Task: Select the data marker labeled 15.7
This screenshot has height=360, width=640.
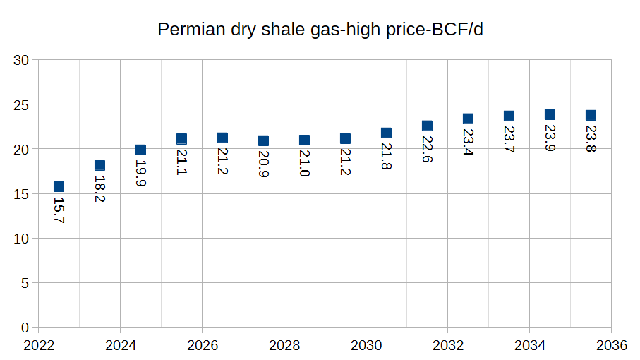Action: pos(59,187)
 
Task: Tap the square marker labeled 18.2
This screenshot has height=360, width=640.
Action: pos(99,166)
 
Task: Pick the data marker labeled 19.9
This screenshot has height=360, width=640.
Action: pos(140,150)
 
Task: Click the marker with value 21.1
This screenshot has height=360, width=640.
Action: pos(181,139)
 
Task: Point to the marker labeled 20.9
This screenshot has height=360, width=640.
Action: pos(263,140)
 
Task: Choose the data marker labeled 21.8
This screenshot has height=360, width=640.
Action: pos(386,133)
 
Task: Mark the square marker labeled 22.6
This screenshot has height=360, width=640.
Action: pos(427,126)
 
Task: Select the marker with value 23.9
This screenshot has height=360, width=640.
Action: pos(550,114)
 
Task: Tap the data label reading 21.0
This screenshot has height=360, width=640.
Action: pos(304,162)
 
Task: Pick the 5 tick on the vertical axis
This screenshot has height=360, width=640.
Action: pos(25,283)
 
